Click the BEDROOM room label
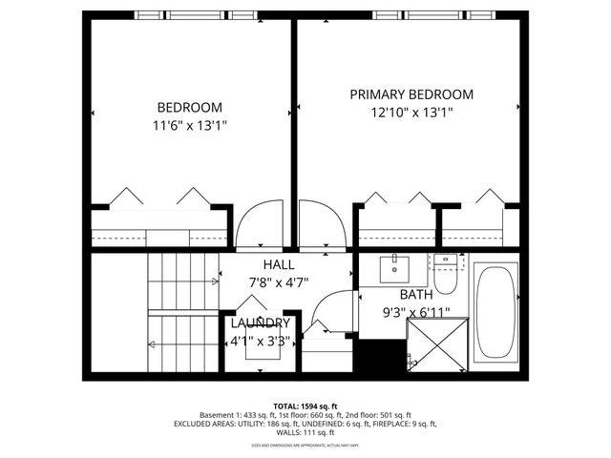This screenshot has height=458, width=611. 189,107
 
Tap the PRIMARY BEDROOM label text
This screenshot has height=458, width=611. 411,94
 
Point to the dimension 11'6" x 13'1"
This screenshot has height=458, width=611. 189,125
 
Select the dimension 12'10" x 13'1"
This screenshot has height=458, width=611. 411,113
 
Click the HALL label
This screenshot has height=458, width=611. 279,264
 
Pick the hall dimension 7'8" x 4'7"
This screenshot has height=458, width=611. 279,282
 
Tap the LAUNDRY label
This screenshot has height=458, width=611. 260,323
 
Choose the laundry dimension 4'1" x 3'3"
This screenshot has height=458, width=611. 260,341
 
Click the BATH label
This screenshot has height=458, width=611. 415,295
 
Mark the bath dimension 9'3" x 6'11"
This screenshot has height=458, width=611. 415,312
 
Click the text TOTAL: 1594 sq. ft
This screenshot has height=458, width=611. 305,406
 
